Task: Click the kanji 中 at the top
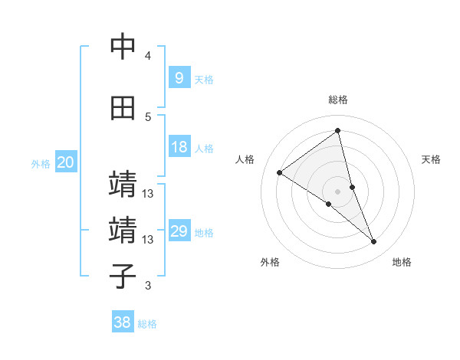point(123,47)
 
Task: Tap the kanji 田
point(123,109)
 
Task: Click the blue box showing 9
point(179,77)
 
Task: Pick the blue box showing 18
point(179,147)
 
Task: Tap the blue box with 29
point(179,231)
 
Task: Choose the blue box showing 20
point(65,162)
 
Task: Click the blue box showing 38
point(123,322)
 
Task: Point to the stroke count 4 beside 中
point(148,56)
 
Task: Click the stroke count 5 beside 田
point(148,117)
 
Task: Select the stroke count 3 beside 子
point(148,286)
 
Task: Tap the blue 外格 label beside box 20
point(41,163)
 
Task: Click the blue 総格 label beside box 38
point(147,324)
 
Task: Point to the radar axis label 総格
point(338,100)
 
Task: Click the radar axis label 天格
point(432,159)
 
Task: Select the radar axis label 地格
point(402,262)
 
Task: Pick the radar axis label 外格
point(270,262)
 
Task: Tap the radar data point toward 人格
point(280,172)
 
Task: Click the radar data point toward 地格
point(374,242)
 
